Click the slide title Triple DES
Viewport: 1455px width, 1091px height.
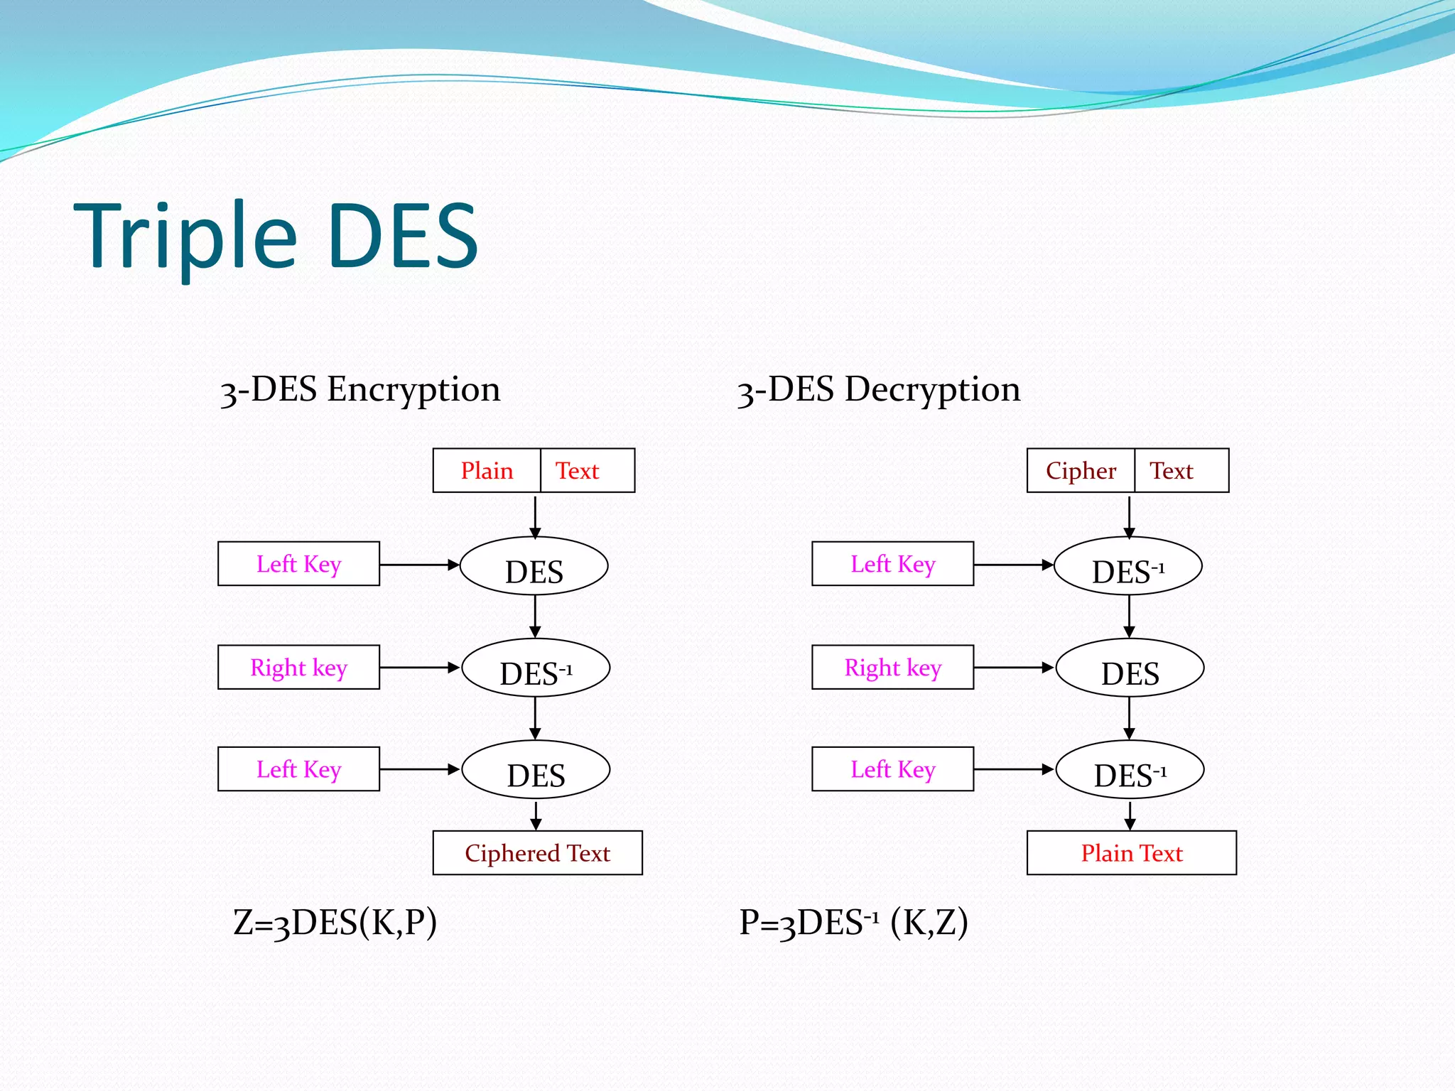tap(276, 237)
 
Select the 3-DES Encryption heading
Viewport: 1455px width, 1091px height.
tap(360, 390)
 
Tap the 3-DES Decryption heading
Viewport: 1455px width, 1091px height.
tap(878, 390)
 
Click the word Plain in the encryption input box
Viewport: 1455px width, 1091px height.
tap(487, 471)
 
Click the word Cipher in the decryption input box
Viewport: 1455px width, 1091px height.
tap(1081, 471)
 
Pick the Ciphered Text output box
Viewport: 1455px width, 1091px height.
tap(537, 853)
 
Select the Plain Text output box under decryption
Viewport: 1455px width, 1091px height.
tap(1131, 853)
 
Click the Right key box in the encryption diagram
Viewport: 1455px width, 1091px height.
tap(298, 668)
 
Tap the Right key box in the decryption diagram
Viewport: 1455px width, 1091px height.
tap(892, 668)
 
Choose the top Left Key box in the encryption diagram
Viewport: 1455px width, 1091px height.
tap(298, 564)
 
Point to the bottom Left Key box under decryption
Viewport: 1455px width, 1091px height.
tap(892, 769)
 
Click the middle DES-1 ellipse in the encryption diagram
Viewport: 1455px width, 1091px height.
tap(536, 668)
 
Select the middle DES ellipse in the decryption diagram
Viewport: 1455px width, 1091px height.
tap(1130, 668)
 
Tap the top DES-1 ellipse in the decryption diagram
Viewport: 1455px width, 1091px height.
tap(1128, 567)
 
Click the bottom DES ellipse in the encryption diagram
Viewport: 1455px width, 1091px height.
tap(536, 770)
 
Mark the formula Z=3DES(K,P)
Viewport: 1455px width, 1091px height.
tap(335, 923)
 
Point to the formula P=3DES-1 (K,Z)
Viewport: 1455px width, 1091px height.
tap(853, 923)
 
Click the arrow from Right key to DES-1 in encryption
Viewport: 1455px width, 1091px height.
tap(419, 668)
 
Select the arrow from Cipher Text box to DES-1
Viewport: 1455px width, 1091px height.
tap(1129, 516)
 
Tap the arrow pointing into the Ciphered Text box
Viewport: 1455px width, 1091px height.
tap(536, 815)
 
